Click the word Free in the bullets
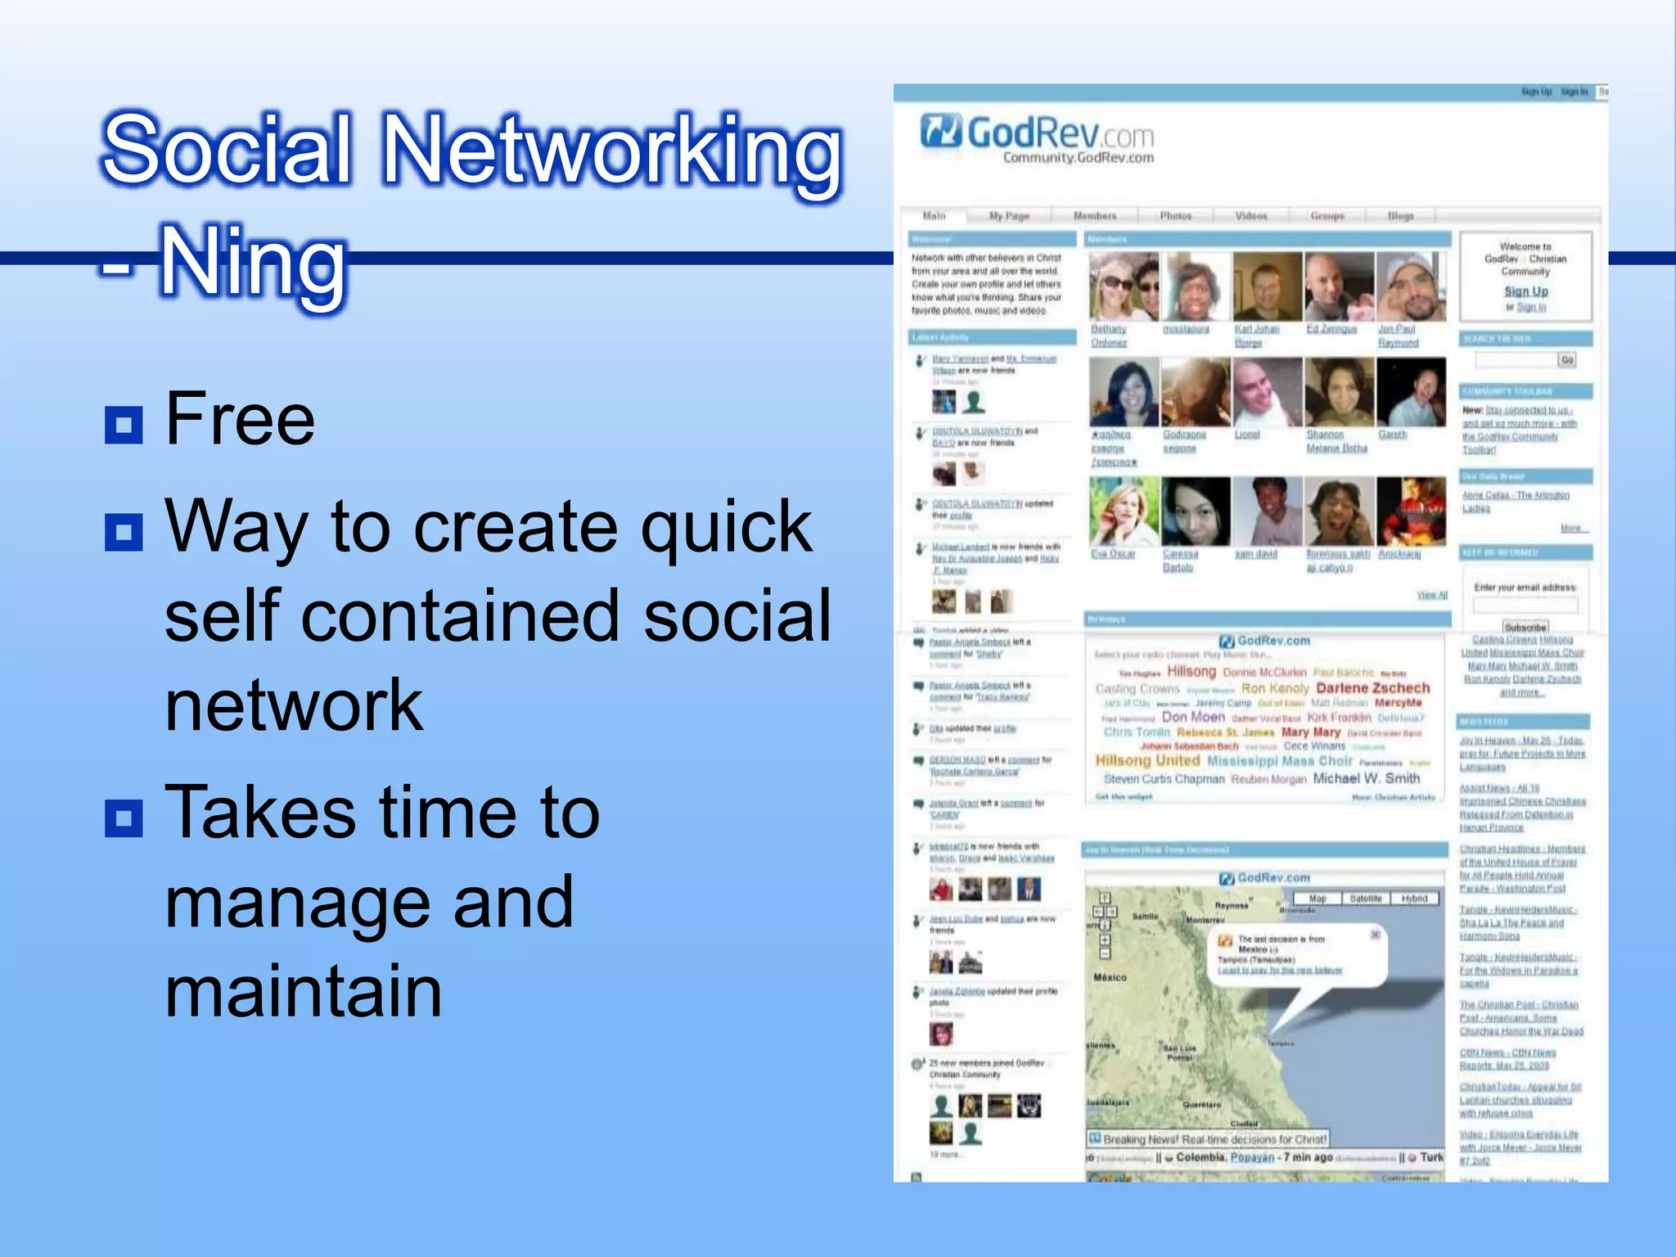(240, 419)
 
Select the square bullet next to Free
(124, 425)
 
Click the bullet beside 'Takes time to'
(124, 818)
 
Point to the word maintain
(304, 991)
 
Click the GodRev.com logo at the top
(1038, 136)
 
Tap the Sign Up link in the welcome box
(1525, 291)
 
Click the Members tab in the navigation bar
(1094, 216)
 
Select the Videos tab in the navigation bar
(1250, 216)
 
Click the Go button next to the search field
(1566, 360)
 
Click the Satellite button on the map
(1365, 899)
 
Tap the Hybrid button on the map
(1414, 899)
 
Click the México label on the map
(1110, 977)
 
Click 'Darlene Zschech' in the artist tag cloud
(1372, 688)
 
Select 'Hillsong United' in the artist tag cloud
(1147, 761)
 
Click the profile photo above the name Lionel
(1266, 392)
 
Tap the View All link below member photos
(1431, 595)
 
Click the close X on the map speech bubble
(1376, 935)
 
